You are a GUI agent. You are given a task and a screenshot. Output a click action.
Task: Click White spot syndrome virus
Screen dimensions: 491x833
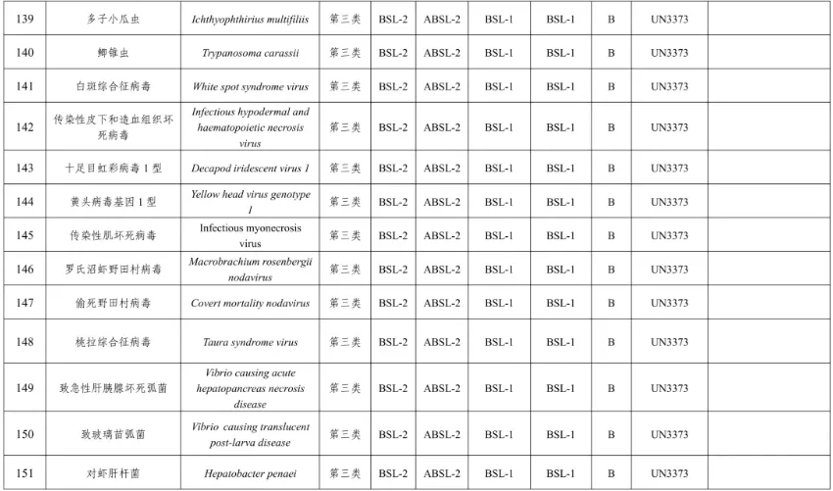coord(251,86)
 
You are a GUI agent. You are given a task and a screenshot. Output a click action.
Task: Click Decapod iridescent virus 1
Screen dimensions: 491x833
coord(251,168)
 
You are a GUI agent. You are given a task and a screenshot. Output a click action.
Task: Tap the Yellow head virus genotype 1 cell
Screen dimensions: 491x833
coord(251,202)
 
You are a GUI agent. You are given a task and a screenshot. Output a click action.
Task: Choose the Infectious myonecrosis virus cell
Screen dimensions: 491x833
coord(251,235)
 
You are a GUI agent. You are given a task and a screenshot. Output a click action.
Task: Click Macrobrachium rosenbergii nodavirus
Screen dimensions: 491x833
coord(251,270)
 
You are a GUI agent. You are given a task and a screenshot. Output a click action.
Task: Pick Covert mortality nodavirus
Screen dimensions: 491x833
coord(251,304)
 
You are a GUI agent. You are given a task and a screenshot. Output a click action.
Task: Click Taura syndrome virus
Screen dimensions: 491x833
coord(251,342)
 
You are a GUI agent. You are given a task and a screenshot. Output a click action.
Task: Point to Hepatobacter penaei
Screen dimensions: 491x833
coord(251,473)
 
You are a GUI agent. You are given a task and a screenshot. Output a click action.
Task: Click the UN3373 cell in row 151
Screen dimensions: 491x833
coord(668,473)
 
